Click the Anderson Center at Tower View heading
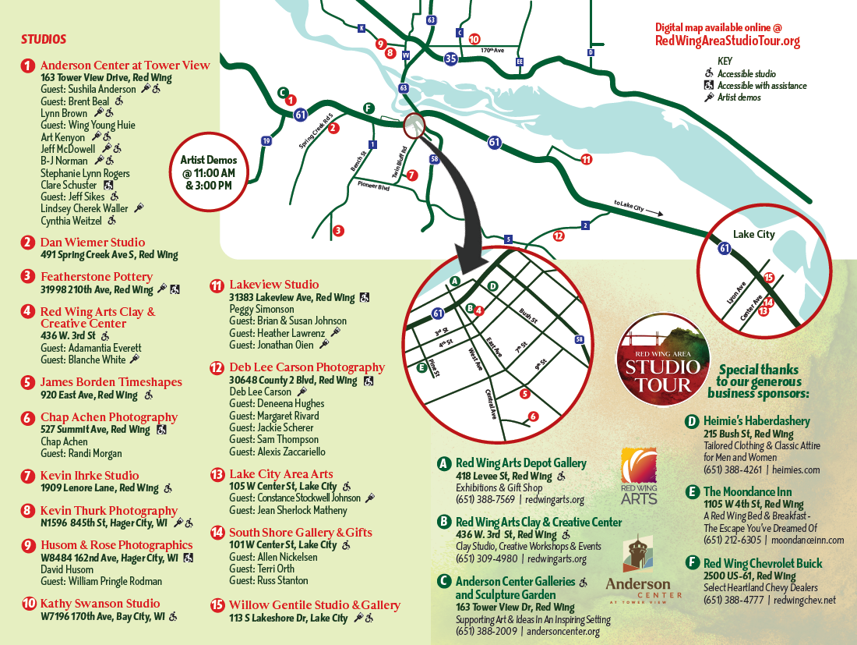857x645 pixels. (125, 66)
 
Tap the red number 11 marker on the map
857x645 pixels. (587, 159)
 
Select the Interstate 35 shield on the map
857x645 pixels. (451, 58)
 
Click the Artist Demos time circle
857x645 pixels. (208, 172)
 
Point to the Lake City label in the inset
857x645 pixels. (753, 234)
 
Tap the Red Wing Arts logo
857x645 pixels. (640, 476)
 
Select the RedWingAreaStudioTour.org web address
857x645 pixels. (728, 41)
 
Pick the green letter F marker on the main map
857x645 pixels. (369, 108)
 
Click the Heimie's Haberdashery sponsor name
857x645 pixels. (756, 421)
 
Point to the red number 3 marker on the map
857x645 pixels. (337, 231)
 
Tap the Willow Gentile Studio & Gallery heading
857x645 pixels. (315, 605)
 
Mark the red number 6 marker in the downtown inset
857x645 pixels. (533, 416)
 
